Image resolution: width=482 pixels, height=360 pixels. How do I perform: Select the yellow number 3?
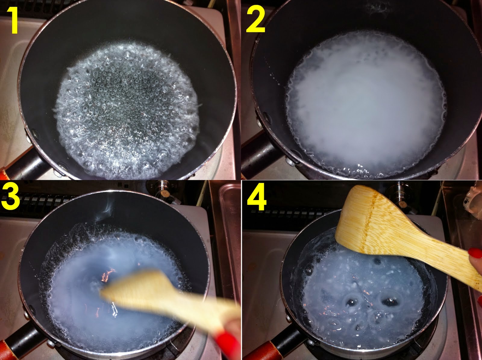(x=10, y=197)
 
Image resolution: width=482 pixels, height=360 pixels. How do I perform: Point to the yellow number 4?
(x=257, y=198)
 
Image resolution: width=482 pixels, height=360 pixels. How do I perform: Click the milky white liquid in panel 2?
(x=365, y=101)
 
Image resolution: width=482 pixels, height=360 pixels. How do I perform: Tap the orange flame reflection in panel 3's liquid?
(x=108, y=274)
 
